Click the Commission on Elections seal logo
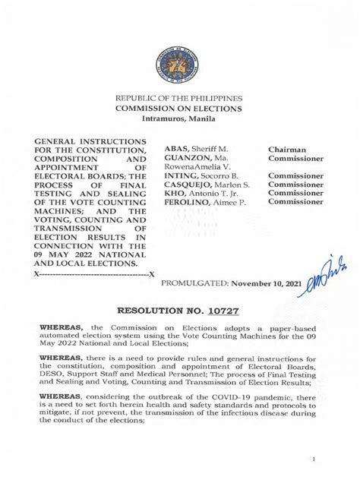coord(178,62)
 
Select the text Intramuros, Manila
coord(178,119)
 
